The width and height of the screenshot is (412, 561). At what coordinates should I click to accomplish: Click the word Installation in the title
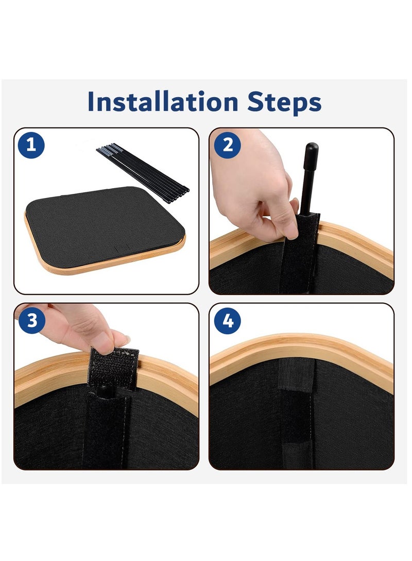pyautogui.click(x=163, y=102)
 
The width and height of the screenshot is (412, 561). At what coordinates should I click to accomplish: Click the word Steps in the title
pyautogui.click(x=284, y=103)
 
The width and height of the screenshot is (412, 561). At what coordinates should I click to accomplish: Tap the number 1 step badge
pyautogui.click(x=31, y=145)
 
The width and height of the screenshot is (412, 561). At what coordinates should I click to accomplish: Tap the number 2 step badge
pyautogui.click(x=228, y=145)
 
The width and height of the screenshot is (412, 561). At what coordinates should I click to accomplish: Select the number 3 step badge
pyautogui.click(x=32, y=320)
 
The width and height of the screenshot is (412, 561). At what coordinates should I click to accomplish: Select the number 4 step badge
pyautogui.click(x=228, y=320)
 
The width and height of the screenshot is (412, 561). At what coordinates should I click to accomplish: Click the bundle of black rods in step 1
pyautogui.click(x=143, y=173)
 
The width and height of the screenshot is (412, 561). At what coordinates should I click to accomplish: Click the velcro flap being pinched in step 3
pyautogui.click(x=114, y=369)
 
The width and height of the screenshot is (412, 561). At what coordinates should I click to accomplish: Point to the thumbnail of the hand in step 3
pyautogui.click(x=122, y=339)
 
